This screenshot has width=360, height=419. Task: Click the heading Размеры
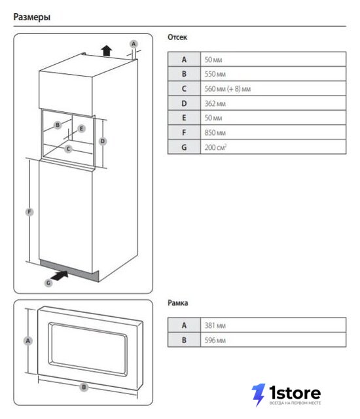pos(32,17)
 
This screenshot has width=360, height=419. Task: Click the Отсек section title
pos(177,37)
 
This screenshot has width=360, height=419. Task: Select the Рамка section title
pos(177,302)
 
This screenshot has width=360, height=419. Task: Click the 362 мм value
pos(215,103)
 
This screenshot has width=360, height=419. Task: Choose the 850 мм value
pos(215,132)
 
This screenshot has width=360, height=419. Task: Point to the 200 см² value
pos(215,147)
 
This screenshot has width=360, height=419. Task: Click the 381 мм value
pos(215,325)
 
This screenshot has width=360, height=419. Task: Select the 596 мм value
pos(215,340)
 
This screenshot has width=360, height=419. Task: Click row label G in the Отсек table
pos(184,147)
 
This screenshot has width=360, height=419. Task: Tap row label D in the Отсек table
pos(184,103)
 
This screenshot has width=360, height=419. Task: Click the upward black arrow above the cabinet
pos(107,50)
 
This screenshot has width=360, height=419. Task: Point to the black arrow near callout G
pos(60,275)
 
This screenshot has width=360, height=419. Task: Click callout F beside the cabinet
pos(29,212)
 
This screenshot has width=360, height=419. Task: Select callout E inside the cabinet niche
pos(81,128)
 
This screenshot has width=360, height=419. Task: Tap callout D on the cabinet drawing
pos(103,141)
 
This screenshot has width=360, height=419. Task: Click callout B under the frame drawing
pos(84,387)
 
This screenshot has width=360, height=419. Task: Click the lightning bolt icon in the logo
pos(258,395)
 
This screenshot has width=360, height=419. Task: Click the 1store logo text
pos(295,393)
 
